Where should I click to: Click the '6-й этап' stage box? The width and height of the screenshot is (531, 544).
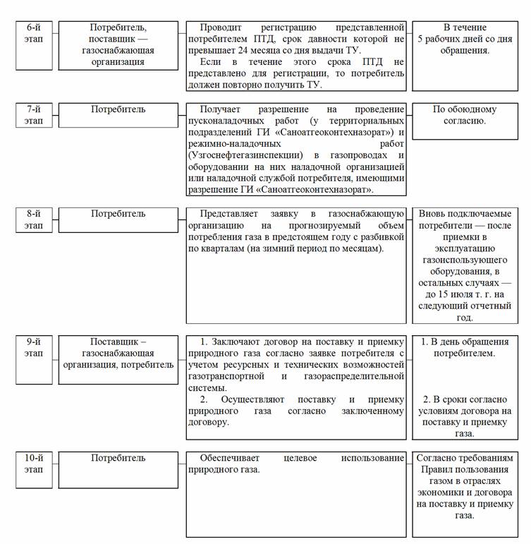(x=34, y=45)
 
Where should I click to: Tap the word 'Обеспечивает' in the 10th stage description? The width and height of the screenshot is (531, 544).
(x=231, y=458)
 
